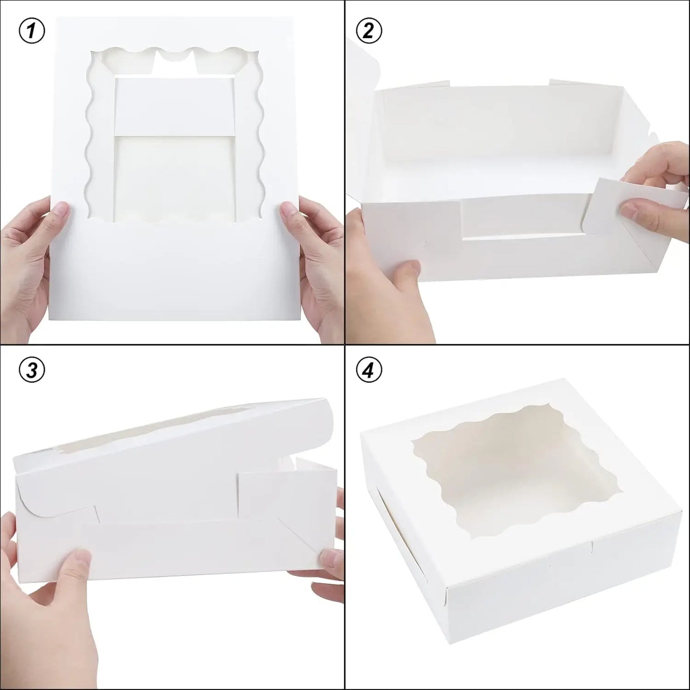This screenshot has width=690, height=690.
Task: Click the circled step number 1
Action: [32, 32]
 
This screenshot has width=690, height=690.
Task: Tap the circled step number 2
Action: [369, 32]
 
